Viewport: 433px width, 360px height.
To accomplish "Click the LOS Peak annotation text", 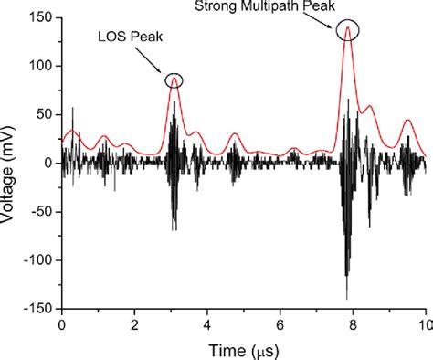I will pos(126,37).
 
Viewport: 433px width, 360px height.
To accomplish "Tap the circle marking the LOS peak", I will pos(174,80).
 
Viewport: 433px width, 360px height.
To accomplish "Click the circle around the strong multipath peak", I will pos(347,30).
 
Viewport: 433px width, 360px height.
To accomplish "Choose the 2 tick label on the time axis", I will pos(134,323).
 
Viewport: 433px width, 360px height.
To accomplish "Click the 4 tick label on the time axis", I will pos(207,323).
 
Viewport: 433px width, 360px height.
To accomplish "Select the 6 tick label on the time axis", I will pos(280,323).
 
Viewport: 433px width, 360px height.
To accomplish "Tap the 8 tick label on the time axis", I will pos(353,323).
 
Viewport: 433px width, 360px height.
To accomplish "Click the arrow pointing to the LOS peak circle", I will pos(153,62).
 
